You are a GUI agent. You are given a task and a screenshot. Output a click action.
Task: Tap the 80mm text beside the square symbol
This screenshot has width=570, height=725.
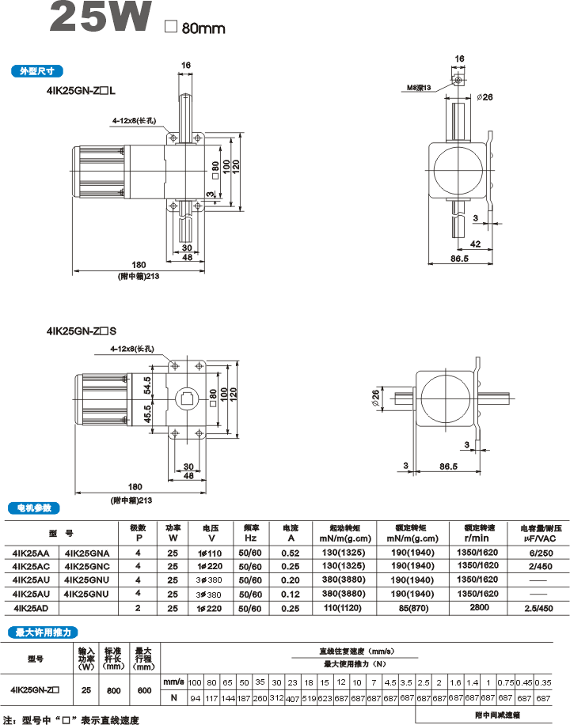pos(203,28)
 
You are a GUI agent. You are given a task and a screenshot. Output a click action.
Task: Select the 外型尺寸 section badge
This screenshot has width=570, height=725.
pos(36,71)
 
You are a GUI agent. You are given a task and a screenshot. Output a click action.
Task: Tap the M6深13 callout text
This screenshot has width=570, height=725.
pos(419,88)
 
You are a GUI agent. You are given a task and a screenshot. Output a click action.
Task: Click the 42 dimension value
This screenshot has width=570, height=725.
pos(475,244)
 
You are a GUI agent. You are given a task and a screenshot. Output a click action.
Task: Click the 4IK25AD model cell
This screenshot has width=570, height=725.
pos(32,607)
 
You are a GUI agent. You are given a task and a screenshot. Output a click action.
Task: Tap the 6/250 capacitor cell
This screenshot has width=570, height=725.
pos(538,552)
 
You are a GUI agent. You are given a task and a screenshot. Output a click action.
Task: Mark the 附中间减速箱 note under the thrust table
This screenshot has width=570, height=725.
pos(498,714)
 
